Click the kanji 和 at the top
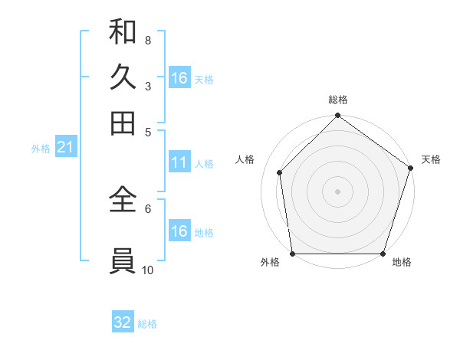(123, 32)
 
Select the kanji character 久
(123, 77)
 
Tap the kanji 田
(123, 123)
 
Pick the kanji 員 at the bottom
(123, 260)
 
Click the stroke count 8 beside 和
(147, 40)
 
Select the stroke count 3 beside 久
(147, 86)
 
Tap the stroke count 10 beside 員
(148, 270)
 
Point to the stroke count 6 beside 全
(147, 208)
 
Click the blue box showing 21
(65, 148)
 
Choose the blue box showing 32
(123, 322)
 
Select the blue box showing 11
(179, 162)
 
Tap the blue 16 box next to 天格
(179, 78)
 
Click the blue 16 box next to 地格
(179, 231)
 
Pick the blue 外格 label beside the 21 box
(41, 149)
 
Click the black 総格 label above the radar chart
(338, 100)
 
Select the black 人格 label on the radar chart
(245, 159)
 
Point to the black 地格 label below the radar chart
(402, 262)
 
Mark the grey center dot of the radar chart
(337, 191)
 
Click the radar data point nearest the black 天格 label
(410, 168)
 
